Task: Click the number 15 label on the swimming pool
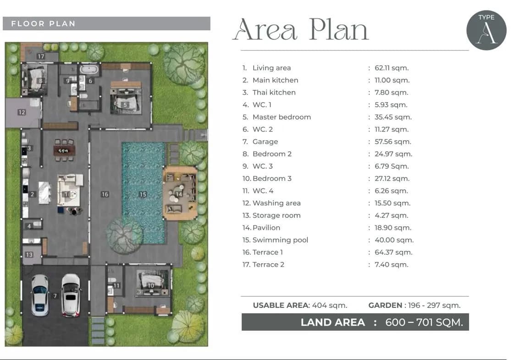(x=143, y=194)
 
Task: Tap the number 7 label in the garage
(x=55, y=296)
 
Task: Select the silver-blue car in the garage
(x=40, y=295)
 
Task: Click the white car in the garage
(x=71, y=295)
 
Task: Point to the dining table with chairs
(x=64, y=150)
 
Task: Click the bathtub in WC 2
(x=89, y=70)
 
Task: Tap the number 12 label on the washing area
(x=22, y=112)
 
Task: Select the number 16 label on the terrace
(x=105, y=194)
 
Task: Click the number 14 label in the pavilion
(x=179, y=194)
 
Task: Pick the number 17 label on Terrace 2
(x=41, y=56)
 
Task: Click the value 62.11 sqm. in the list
(x=392, y=68)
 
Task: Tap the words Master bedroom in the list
(x=282, y=117)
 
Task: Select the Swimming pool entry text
(x=280, y=240)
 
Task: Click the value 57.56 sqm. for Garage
(x=392, y=142)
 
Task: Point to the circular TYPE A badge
(x=486, y=30)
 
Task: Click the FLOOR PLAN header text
(x=43, y=23)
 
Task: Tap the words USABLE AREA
(x=281, y=305)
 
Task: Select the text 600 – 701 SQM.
(x=424, y=322)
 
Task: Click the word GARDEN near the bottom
(x=385, y=305)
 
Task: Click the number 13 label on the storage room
(x=29, y=255)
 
